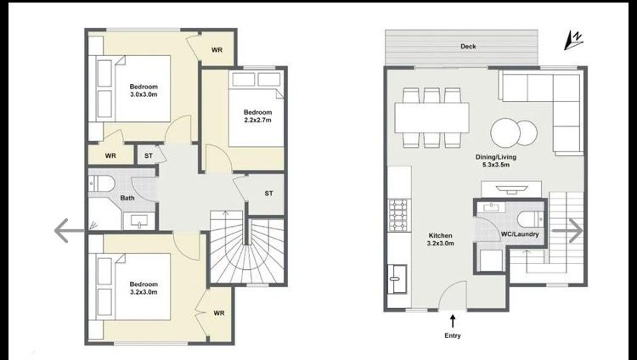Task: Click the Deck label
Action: [x=468, y=47]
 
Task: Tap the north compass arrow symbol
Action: [x=573, y=41]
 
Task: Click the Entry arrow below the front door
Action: [x=453, y=321]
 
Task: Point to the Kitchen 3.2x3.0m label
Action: [x=440, y=239]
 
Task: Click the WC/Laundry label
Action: [x=520, y=234]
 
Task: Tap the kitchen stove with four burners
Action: [x=397, y=216]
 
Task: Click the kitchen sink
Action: [x=397, y=278]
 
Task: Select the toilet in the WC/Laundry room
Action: [x=531, y=220]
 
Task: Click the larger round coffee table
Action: [x=505, y=132]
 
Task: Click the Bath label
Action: [x=127, y=198]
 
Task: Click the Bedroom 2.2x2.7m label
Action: [x=257, y=115]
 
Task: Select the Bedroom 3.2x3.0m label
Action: [x=144, y=288]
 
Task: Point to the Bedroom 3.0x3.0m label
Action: [x=144, y=90]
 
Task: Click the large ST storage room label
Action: [x=268, y=194]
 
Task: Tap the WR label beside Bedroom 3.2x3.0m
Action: [x=219, y=313]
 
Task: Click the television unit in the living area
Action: [x=511, y=189]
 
